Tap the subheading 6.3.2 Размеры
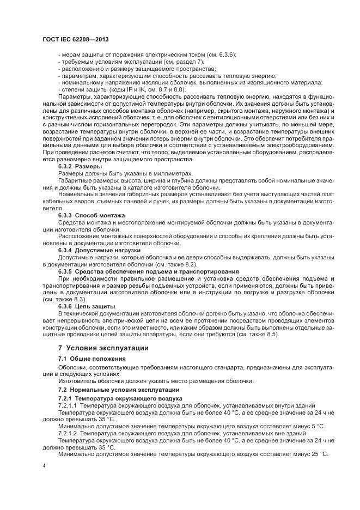pyautogui.click(x=76, y=166)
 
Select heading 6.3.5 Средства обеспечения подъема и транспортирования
pyautogui.click(x=148, y=271)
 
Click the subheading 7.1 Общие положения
pyautogui.click(x=92, y=359)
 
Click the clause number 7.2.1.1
pyautogui.click(x=68, y=406)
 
